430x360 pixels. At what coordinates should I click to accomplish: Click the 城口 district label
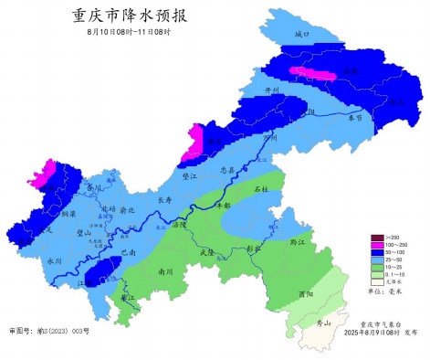pos(302,34)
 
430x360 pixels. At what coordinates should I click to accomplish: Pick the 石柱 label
pos(261,189)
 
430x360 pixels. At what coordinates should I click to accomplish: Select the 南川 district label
pos(165,271)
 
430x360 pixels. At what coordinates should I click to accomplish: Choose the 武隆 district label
pos(205,251)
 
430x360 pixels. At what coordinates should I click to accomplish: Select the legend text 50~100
pos(395,254)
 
